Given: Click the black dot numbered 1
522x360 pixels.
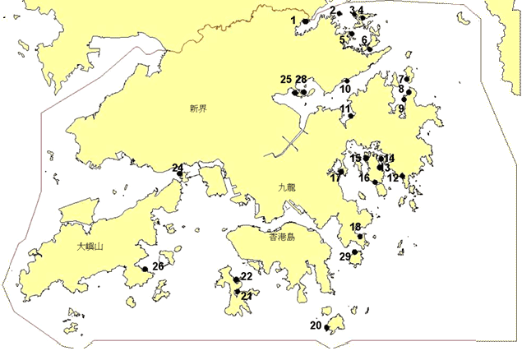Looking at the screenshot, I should tap(305, 21).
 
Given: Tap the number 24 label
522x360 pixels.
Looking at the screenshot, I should tap(178, 168).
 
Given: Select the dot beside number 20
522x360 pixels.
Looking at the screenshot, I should tap(327, 329).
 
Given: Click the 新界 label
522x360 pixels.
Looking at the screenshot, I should tap(196, 108).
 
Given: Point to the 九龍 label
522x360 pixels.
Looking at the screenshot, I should tap(285, 187).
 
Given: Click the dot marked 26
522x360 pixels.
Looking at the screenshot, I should tap(145, 269).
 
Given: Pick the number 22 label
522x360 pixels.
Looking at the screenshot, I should tap(246, 276).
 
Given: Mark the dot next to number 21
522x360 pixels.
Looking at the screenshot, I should tap(238, 291).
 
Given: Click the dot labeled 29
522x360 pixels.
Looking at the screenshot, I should tap(354, 253).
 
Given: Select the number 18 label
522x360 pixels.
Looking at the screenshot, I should tap(355, 227).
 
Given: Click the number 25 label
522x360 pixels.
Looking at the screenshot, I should tap(285, 80).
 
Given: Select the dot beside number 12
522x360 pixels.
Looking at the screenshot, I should tap(402, 176).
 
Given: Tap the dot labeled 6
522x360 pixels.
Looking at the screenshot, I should tap(370, 48).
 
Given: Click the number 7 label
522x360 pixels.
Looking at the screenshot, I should tap(400, 80).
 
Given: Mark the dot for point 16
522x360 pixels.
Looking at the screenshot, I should tap(376, 182).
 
